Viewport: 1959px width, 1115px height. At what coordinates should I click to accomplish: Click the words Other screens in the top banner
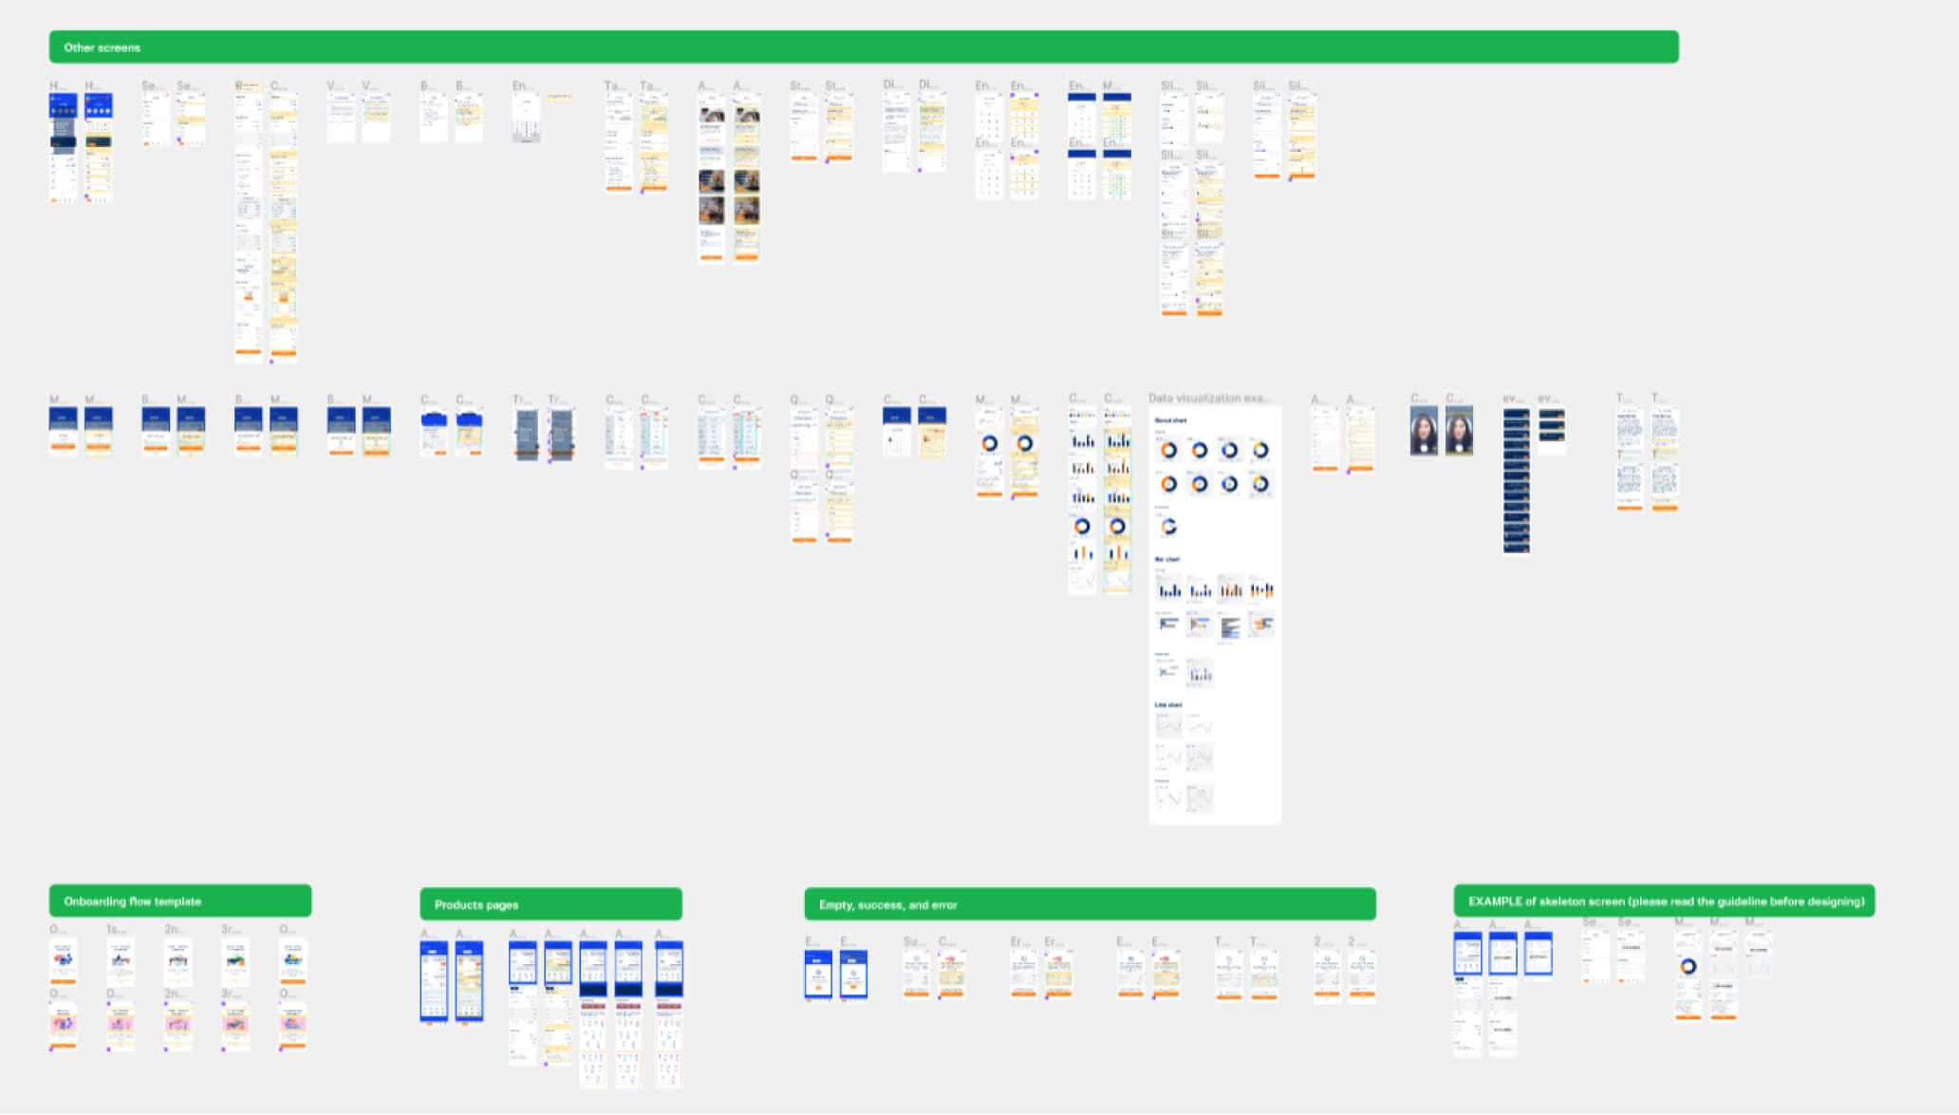coord(102,47)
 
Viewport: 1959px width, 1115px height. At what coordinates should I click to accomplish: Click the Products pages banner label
coord(476,905)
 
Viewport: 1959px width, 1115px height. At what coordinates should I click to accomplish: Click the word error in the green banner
coord(943,905)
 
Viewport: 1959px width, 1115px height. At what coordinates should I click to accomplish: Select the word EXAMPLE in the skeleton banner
coord(1494,901)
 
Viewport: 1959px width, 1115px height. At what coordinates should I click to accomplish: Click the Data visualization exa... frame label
coord(1208,399)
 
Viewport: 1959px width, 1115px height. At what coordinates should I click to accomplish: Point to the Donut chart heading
coord(1170,420)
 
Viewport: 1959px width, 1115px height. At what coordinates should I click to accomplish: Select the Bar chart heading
coord(1166,560)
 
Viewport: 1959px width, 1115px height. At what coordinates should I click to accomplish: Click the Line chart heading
coord(1168,705)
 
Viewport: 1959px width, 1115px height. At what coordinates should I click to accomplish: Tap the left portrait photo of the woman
coord(1424,432)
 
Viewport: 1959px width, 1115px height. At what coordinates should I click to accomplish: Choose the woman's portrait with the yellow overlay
coord(1459,432)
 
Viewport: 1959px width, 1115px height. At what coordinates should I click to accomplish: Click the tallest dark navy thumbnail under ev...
coord(1516,480)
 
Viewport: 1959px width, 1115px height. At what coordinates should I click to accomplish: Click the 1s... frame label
coord(116,929)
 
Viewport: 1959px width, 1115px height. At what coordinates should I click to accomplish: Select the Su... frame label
coord(913,941)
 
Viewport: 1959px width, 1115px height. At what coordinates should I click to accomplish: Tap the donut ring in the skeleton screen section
coord(1688,967)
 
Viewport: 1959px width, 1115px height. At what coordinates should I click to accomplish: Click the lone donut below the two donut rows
coord(1168,527)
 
